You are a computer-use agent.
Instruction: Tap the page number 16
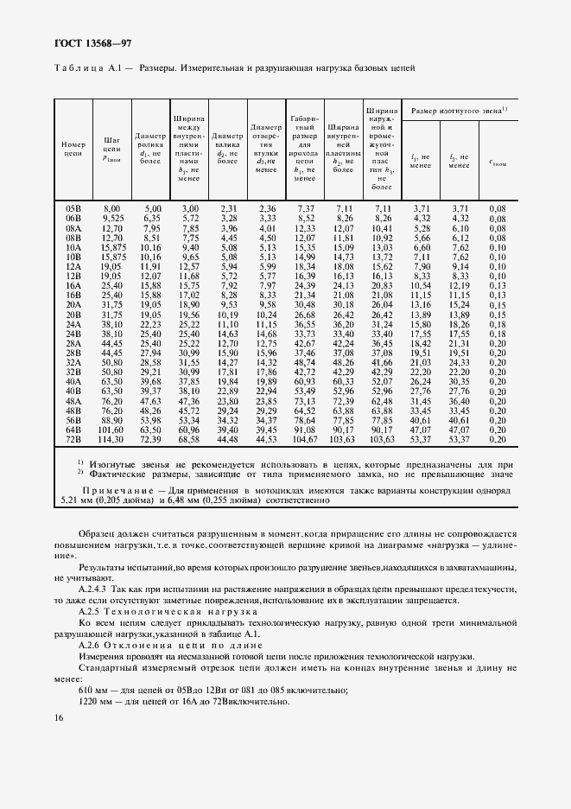pyautogui.click(x=58, y=717)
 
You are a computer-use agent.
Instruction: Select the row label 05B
pyautogui.click(x=73, y=209)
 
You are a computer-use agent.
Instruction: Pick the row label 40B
pyautogui.click(x=73, y=392)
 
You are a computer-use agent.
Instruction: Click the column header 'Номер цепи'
pyautogui.click(x=73, y=147)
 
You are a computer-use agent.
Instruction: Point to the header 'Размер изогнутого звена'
pyautogui.click(x=458, y=111)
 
